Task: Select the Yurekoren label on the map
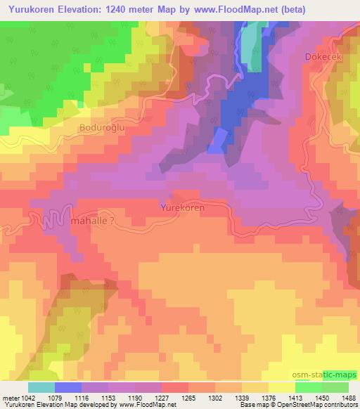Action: tap(186, 209)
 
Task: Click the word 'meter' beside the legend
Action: tap(10, 398)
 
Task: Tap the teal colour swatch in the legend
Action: tap(41, 387)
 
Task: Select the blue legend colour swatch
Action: tap(68, 387)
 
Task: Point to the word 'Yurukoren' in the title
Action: tap(32, 9)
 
